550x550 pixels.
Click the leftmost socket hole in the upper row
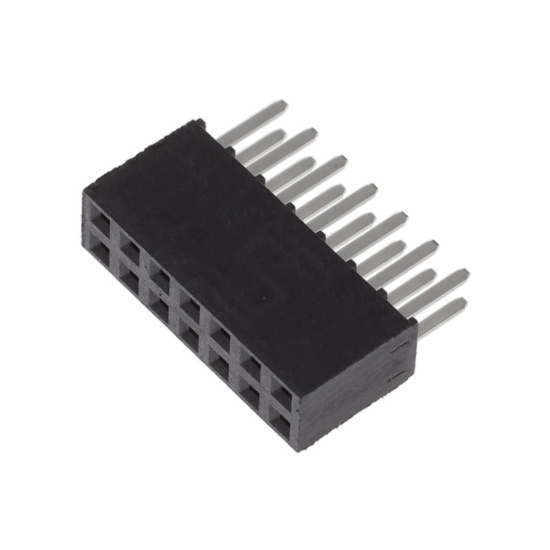tap(100, 221)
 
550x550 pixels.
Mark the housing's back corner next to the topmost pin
tap(199, 124)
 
